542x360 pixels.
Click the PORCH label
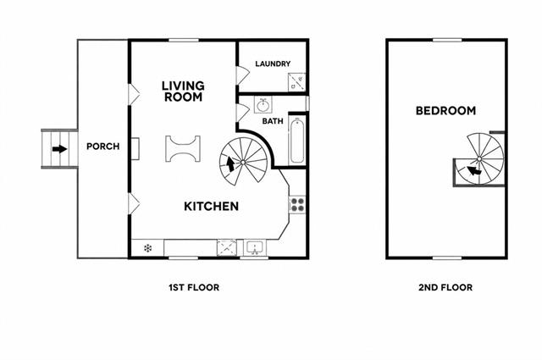point(103,147)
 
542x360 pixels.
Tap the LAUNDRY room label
point(273,64)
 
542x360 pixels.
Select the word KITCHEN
point(211,207)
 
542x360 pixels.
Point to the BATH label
point(273,121)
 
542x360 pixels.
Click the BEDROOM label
point(445,111)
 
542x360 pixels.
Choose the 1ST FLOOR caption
point(194,287)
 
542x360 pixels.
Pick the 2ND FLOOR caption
point(445,287)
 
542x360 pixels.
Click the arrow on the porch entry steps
point(59,149)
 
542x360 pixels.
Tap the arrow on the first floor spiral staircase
point(230,164)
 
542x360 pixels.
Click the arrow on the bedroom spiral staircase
point(473,170)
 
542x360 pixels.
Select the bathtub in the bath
point(297,141)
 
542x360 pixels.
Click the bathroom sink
point(263,104)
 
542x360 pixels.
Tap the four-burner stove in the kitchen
point(297,204)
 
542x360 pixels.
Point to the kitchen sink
point(255,248)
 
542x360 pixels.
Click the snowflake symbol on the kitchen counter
point(147,248)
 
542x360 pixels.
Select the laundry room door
point(243,75)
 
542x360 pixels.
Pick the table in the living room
point(183,149)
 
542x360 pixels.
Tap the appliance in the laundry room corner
point(297,82)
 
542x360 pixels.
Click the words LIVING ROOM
point(183,91)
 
